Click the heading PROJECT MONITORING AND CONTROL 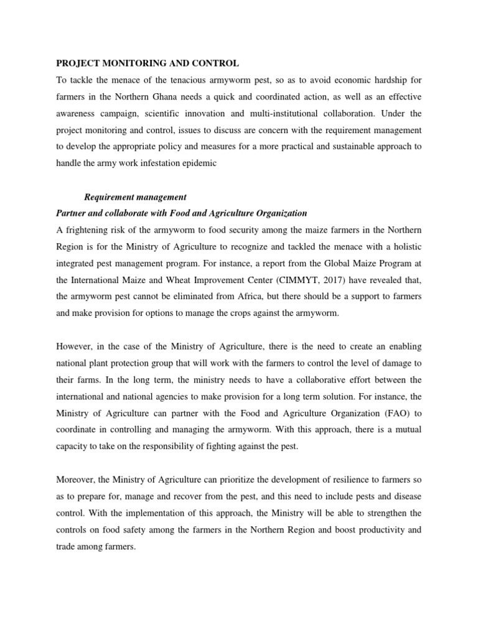click(148, 63)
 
